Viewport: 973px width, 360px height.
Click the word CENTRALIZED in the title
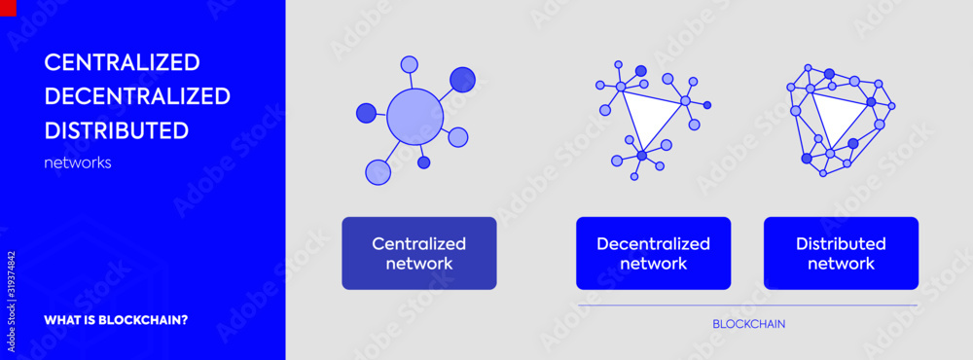(x=122, y=62)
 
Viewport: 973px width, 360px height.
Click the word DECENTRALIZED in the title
(x=137, y=96)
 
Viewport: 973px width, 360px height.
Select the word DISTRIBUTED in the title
(x=117, y=130)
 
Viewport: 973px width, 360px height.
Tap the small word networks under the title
(x=78, y=163)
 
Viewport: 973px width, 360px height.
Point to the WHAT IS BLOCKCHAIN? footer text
(x=116, y=320)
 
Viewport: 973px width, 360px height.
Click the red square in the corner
(x=8, y=7)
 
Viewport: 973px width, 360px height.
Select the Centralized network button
(x=418, y=253)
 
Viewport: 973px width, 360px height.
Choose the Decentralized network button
(x=653, y=253)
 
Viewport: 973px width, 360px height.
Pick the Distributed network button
(x=841, y=253)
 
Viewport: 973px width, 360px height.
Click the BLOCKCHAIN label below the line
(x=748, y=324)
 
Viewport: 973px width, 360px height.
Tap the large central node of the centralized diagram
(x=414, y=117)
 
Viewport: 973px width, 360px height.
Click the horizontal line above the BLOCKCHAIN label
(x=748, y=306)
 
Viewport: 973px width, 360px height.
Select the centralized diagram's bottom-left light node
(x=378, y=172)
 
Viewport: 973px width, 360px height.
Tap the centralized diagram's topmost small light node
(x=410, y=64)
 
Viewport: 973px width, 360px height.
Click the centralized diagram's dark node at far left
(x=366, y=113)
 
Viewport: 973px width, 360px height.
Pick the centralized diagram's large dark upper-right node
(x=463, y=79)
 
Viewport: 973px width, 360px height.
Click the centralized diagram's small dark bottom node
(x=423, y=162)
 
